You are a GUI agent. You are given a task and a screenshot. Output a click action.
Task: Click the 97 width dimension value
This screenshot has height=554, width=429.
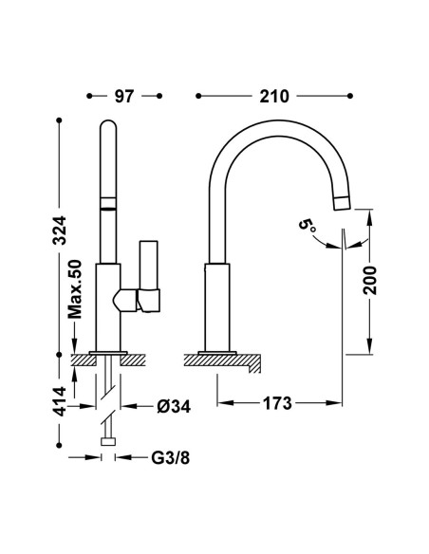pos(124,96)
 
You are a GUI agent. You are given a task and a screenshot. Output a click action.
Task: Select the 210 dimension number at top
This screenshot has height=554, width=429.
pos(274,96)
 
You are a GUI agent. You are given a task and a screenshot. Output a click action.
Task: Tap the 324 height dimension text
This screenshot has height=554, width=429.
pos(59,231)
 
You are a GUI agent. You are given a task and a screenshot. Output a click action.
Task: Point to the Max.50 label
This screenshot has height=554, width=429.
pos(75,289)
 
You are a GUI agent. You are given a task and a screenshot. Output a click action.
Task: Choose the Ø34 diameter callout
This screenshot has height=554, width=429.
pos(174,407)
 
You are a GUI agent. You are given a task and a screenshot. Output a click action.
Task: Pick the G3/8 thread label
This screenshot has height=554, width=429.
pos(170,458)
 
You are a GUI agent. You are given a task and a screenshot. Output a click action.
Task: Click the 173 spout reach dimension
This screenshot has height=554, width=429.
pos(277,403)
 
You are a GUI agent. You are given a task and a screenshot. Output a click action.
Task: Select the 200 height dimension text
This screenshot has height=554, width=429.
pos(370,281)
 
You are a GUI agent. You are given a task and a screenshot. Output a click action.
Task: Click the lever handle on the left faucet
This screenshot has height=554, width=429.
pos(149,277)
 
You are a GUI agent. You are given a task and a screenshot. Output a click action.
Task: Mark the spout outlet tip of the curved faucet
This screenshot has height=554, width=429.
pos(343,204)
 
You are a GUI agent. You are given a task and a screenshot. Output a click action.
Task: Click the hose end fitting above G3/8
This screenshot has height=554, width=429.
pos(108,442)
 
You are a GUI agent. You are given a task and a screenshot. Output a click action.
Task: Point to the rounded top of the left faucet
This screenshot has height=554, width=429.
pos(108,124)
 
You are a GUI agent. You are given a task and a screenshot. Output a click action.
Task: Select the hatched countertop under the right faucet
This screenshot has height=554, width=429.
pos(223,361)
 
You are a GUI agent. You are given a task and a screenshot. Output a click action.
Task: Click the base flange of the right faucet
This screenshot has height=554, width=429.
pos(217,353)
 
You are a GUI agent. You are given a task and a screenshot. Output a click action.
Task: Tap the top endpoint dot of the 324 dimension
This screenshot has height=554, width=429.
pos(59,120)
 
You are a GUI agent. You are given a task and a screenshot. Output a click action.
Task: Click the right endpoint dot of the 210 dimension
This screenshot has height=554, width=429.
pos(350,96)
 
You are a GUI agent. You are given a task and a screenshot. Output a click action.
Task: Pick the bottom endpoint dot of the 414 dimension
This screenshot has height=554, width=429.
pos(59,446)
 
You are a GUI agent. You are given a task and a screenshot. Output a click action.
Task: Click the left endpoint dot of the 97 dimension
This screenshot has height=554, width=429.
pos(89,96)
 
